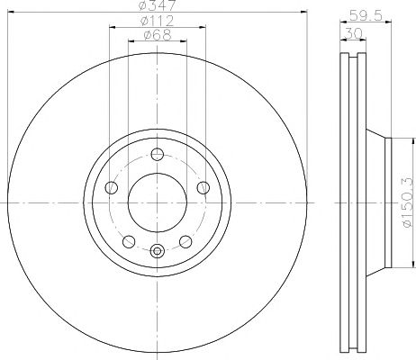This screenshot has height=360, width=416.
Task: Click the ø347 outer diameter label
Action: tap(158, 5)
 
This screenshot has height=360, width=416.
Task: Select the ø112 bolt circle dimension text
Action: tap(158, 21)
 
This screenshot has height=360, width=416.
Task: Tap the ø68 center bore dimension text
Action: tap(158, 35)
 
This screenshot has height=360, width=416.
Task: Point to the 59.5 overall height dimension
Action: tap(366, 15)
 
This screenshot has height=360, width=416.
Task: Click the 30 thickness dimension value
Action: tap(354, 33)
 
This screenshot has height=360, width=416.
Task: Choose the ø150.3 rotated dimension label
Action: tap(409, 202)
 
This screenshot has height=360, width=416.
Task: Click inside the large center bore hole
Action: tap(158, 202)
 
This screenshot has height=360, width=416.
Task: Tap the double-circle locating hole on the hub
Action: tap(157, 250)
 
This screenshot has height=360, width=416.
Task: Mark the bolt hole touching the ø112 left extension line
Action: tap(112, 187)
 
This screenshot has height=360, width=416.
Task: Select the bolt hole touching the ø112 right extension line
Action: tap(203, 187)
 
